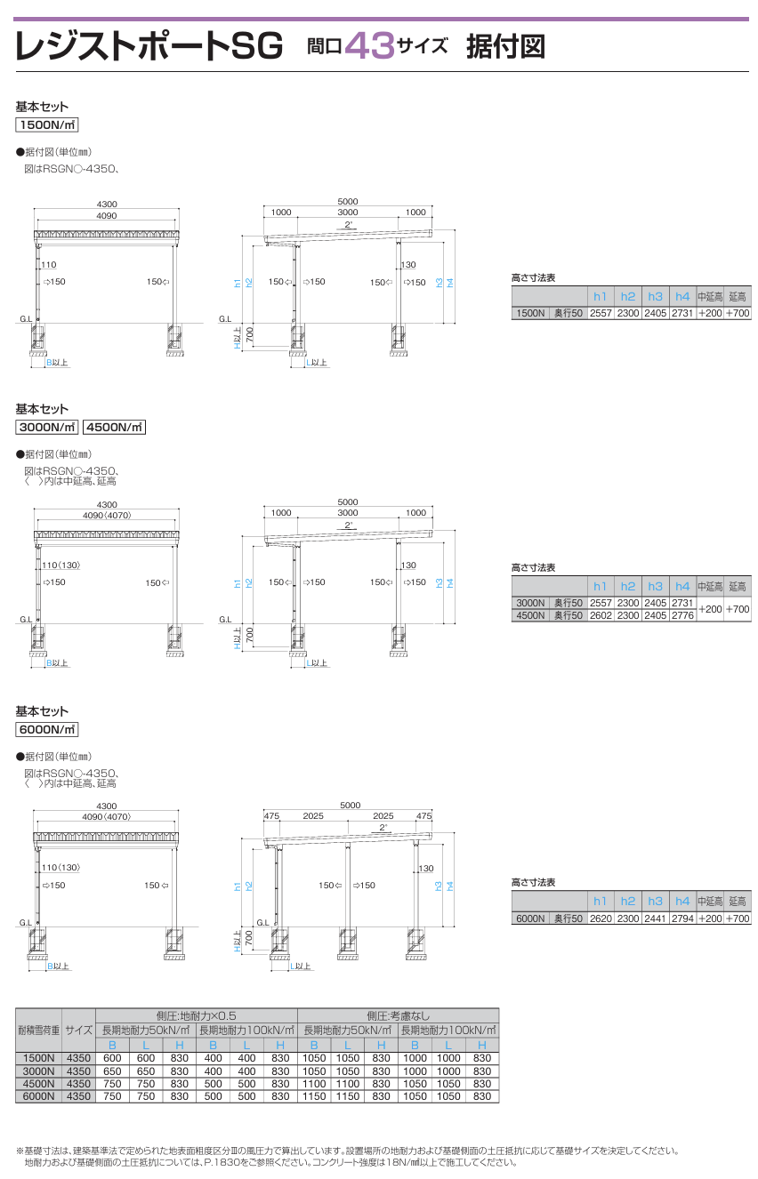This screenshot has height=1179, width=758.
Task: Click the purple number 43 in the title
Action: [370, 46]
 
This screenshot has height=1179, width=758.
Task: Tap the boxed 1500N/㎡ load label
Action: [47, 124]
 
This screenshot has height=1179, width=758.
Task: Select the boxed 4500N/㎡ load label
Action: [114, 427]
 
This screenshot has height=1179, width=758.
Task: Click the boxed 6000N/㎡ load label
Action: [47, 729]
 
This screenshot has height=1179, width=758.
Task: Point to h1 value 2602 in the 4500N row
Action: [601, 615]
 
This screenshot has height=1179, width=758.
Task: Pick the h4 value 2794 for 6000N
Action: [682, 918]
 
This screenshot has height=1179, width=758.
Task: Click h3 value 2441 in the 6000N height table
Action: [656, 918]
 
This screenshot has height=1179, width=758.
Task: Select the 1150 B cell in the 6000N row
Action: [314, 1096]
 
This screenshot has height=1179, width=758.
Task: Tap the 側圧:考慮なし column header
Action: [399, 1015]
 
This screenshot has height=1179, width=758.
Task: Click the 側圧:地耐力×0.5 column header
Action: [196, 1015]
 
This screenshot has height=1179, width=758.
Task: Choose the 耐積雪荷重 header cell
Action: [39, 1030]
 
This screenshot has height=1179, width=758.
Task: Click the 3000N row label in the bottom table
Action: [38, 1071]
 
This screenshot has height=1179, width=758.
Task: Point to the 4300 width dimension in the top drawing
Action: [107, 205]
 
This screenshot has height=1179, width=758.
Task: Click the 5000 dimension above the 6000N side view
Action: [351, 806]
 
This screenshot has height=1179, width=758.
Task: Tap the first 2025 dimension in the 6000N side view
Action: [313, 816]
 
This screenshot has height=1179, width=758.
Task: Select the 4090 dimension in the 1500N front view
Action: [107, 216]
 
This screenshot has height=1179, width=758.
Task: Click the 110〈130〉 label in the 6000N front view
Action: [60, 868]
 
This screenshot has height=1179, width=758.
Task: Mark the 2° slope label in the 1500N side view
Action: [348, 225]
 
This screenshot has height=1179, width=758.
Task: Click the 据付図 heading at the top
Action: [505, 46]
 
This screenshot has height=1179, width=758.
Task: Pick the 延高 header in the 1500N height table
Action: [738, 297]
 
